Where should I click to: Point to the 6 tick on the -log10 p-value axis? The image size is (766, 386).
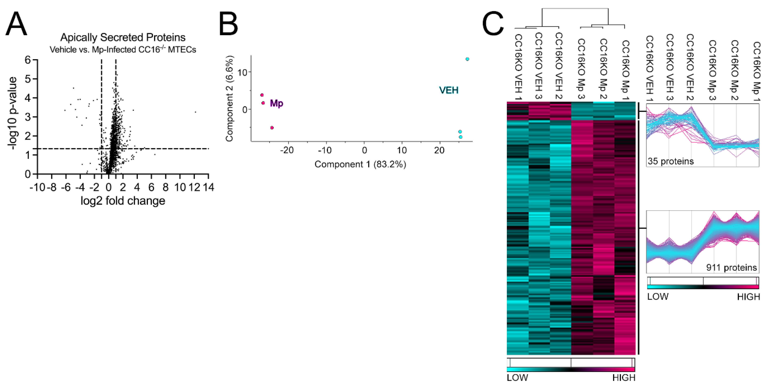click(28, 60)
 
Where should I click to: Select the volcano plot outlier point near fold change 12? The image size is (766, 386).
click(195, 112)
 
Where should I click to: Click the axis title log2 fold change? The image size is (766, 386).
click(123, 201)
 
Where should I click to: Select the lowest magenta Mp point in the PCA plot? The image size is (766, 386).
click(272, 128)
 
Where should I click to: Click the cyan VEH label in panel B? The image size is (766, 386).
click(449, 90)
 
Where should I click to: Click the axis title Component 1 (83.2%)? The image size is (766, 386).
click(360, 164)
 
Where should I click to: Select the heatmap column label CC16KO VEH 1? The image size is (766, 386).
click(518, 67)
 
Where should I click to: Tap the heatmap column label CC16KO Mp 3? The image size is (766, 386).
click(581, 69)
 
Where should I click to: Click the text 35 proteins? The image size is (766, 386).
click(670, 161)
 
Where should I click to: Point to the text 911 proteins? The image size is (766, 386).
click(732, 268)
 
